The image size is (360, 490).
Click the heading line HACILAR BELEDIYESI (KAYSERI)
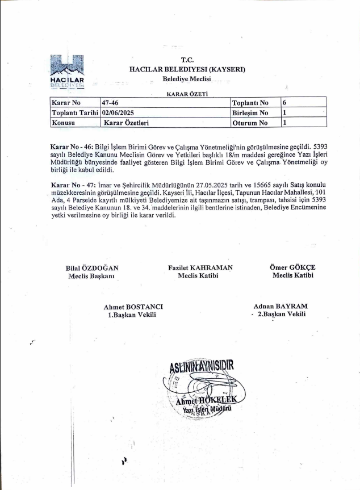187,69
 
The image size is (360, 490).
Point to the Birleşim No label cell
250,112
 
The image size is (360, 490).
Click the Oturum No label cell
250,122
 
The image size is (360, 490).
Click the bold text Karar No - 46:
72,146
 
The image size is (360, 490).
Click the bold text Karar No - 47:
72,186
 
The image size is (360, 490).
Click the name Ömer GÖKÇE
292,268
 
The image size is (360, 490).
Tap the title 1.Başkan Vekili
132,315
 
